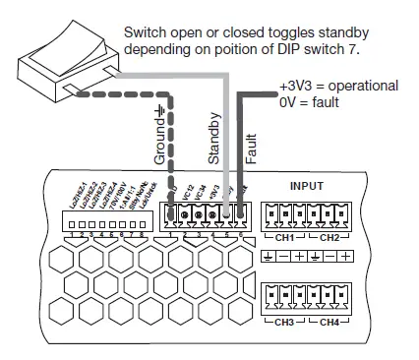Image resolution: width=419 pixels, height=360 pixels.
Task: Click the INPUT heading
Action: (306, 185)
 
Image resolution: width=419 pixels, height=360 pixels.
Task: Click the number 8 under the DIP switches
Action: (144, 234)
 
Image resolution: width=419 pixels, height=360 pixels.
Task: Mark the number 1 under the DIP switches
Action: (75, 234)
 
